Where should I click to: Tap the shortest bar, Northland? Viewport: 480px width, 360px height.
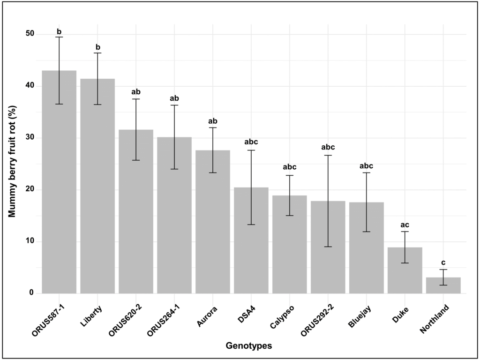tap(443, 285)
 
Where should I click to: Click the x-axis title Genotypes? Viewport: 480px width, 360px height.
tap(249, 346)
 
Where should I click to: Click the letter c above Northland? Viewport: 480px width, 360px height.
tap(443, 263)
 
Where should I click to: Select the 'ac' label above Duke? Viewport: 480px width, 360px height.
tap(405, 225)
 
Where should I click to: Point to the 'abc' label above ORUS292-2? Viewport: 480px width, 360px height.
tap(328, 148)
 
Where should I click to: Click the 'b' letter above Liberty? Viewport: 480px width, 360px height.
tap(97, 47)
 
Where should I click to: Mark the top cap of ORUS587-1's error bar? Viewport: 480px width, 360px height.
tap(59, 37)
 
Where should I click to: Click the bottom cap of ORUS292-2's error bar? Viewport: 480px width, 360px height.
tap(328, 247)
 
